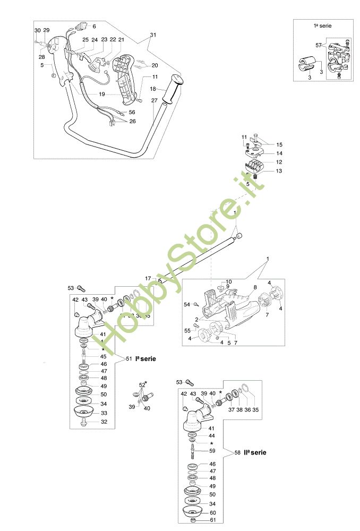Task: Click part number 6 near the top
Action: pyautogui.click(x=95, y=26)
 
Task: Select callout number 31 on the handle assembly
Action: pyautogui.click(x=154, y=35)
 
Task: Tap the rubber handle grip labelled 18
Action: pyautogui.click(x=173, y=91)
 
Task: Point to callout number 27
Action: pyautogui.click(x=154, y=100)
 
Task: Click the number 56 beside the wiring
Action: pyautogui.click(x=132, y=112)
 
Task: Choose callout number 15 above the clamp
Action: pyautogui.click(x=280, y=144)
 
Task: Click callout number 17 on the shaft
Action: pyautogui.click(x=148, y=278)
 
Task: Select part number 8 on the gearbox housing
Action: pyautogui.click(x=255, y=287)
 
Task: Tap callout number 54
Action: pyautogui.click(x=187, y=304)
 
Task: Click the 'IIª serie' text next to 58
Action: pyautogui.click(x=255, y=452)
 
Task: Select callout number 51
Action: pyautogui.click(x=128, y=359)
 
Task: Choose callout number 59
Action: pyautogui.click(x=212, y=451)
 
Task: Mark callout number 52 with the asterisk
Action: pyautogui.click(x=142, y=384)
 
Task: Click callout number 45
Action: pyautogui.click(x=103, y=356)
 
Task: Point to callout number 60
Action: pyautogui.click(x=212, y=513)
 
